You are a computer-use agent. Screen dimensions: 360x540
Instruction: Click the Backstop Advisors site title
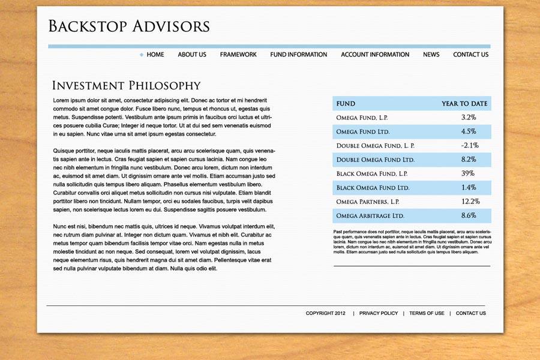pyautogui.click(x=129, y=26)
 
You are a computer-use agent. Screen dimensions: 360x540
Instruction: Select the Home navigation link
pyautogui.click(x=155, y=55)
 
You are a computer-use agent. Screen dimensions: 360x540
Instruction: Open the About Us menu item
pyautogui.click(x=192, y=55)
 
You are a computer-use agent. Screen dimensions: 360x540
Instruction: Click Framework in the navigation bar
pyautogui.click(x=238, y=55)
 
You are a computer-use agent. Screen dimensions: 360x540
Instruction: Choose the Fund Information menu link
pyautogui.click(x=299, y=55)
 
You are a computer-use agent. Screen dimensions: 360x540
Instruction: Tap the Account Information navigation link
pyautogui.click(x=375, y=55)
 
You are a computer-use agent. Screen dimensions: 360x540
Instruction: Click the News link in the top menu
pyautogui.click(x=431, y=55)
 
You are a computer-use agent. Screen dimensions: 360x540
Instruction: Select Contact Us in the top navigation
pyautogui.click(x=470, y=55)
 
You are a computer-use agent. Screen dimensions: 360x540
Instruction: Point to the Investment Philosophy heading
pyautogui.click(x=127, y=86)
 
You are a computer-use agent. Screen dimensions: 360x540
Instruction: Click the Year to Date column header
pyautogui.click(x=464, y=104)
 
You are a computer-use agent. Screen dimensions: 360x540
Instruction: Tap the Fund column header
pyautogui.click(x=346, y=104)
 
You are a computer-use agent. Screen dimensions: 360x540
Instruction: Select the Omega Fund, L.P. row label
pyautogui.click(x=362, y=118)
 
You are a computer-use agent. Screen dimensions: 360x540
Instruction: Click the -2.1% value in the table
pyautogui.click(x=469, y=145)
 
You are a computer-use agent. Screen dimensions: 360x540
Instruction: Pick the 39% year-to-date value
pyautogui.click(x=468, y=173)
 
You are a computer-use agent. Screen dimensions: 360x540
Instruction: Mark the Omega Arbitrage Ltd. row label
pyautogui.click(x=370, y=215)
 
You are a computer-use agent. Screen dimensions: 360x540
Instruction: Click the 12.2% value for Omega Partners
pyautogui.click(x=470, y=202)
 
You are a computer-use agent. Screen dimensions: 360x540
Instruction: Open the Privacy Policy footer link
pyautogui.click(x=379, y=313)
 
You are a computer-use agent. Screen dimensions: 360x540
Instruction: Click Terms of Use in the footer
pyautogui.click(x=427, y=313)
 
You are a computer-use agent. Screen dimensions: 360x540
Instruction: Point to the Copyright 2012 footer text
pyautogui.click(x=326, y=313)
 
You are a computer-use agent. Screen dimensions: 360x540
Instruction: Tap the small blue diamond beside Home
pyautogui.click(x=142, y=55)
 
